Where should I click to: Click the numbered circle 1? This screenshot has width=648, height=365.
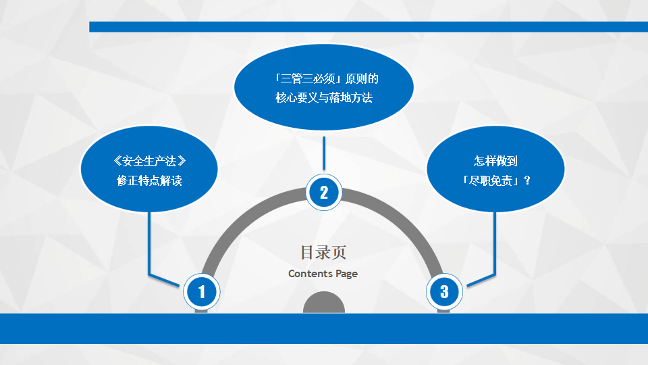pos(201,291)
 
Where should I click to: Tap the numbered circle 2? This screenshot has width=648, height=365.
pos(324,193)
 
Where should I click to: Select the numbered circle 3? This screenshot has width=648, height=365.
pos(444,291)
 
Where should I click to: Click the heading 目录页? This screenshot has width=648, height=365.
pos(323,253)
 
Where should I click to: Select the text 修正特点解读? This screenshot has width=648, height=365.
pos(149,180)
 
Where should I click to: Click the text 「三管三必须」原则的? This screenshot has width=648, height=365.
pos(324,78)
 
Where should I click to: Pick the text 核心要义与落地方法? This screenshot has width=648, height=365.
pos(324,98)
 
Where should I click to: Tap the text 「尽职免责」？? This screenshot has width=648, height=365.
pos(495,180)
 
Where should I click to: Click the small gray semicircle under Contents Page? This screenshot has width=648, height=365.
pos(324,303)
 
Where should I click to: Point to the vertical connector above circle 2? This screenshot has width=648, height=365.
pos(324,154)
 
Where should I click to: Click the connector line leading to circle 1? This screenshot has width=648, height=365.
pos(149,243)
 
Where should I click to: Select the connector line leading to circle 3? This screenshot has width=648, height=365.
pos(495,243)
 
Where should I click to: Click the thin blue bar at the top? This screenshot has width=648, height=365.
pos(369,27)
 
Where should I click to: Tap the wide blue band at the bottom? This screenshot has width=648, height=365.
pos(324,328)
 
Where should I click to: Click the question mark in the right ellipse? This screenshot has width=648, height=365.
pos(527,180)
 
